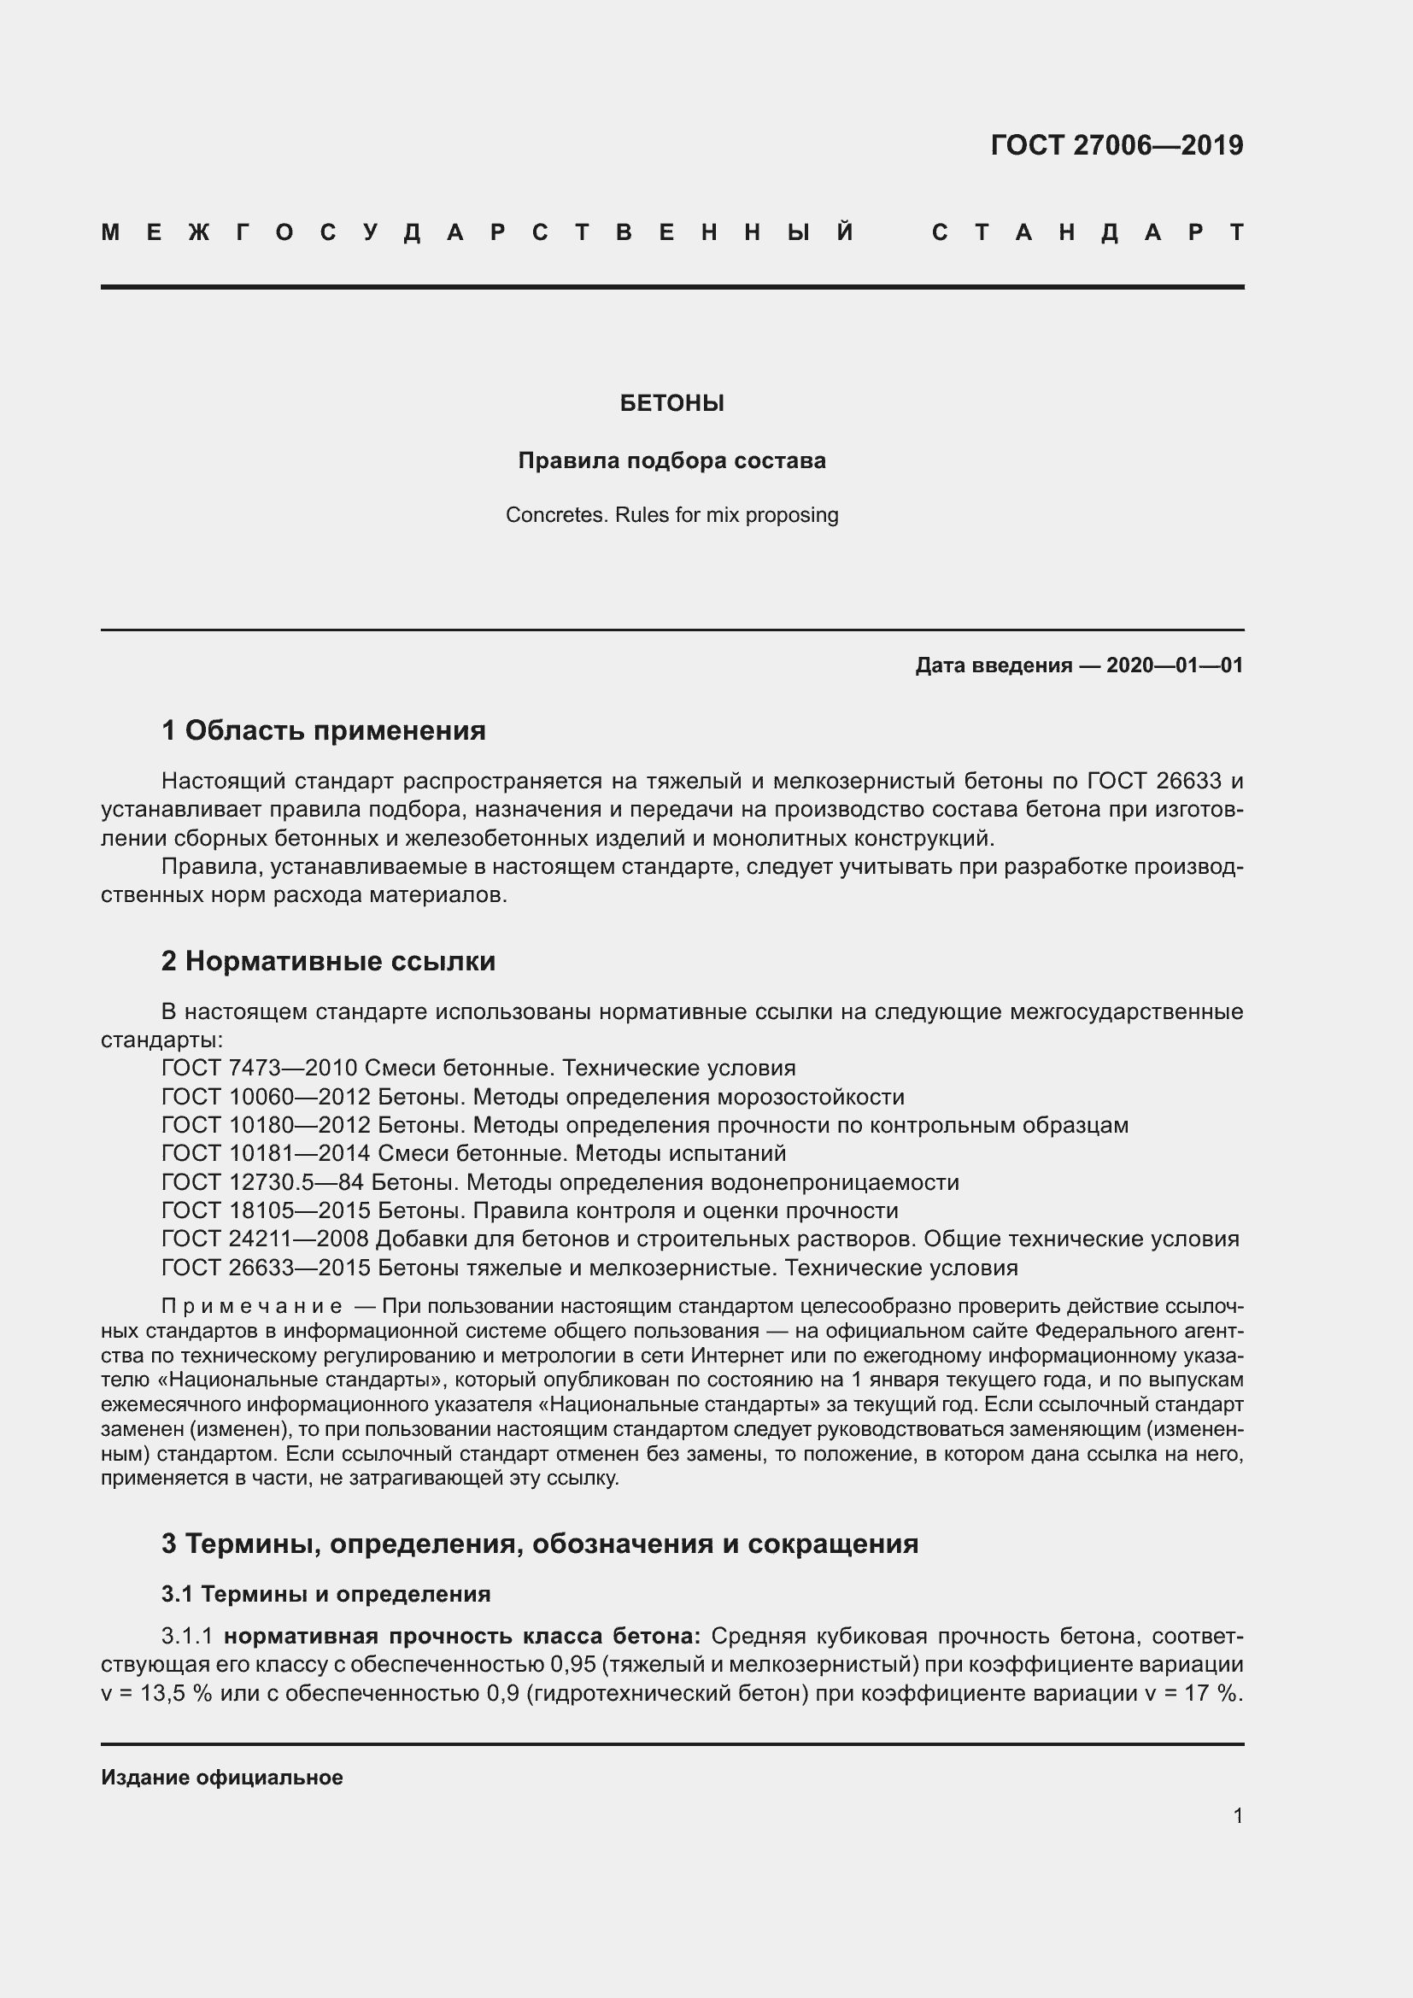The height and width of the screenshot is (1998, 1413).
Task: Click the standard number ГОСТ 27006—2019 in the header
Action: tap(1117, 145)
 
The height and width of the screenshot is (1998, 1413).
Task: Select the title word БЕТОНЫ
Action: tap(671, 403)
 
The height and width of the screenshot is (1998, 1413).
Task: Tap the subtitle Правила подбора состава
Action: tap(671, 460)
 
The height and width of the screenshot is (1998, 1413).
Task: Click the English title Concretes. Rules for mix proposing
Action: tap(671, 515)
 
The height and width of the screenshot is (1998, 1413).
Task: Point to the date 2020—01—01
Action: tap(1174, 665)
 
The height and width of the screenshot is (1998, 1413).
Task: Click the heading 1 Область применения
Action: tap(324, 730)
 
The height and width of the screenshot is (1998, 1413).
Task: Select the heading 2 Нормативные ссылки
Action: tap(328, 961)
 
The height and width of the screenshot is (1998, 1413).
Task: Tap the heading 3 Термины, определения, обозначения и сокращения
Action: tap(539, 1543)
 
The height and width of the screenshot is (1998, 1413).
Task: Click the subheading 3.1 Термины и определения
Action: tap(326, 1593)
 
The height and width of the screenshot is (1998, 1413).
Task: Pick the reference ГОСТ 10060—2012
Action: tap(267, 1097)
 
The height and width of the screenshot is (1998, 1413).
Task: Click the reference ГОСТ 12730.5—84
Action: tap(263, 1182)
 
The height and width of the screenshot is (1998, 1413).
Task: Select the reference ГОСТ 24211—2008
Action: tap(267, 1239)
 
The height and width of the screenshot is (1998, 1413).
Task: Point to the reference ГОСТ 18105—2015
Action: tap(267, 1210)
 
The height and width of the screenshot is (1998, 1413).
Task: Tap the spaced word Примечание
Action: tap(251, 1306)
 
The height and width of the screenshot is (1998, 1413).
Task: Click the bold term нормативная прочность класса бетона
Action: tap(462, 1636)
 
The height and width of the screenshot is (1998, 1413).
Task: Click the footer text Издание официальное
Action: tap(222, 1777)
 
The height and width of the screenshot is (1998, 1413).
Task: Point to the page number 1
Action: tap(1238, 1815)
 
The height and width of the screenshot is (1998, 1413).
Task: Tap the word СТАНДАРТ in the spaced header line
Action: tap(1088, 232)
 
